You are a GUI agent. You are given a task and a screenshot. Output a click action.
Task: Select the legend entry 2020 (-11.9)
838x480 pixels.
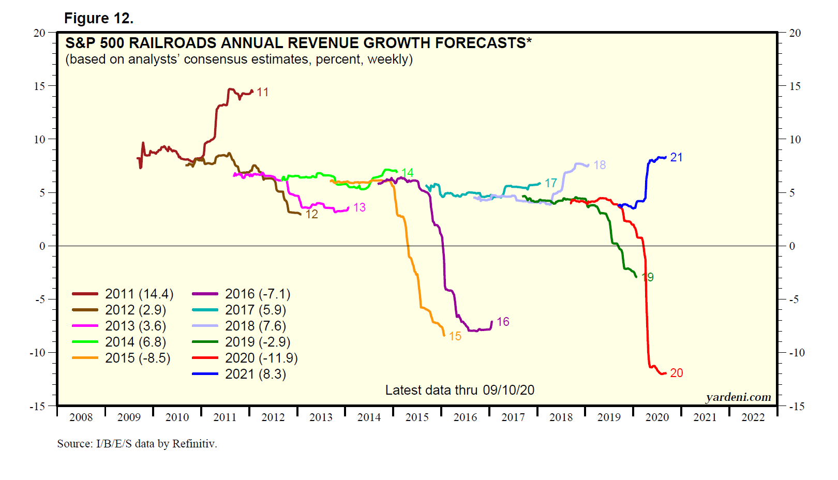pyautogui.click(x=261, y=358)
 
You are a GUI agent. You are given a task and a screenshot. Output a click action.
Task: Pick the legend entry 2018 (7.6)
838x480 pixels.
pyautogui.click(x=256, y=326)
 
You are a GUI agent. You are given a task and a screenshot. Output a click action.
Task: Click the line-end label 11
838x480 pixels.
pyautogui.click(x=263, y=92)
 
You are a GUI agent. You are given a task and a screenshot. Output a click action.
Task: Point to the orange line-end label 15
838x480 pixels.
pyautogui.click(x=455, y=336)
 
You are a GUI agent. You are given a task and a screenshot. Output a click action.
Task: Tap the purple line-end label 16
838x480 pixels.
pyautogui.click(x=503, y=322)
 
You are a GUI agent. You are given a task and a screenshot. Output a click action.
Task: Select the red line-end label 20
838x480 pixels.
pyautogui.click(x=677, y=373)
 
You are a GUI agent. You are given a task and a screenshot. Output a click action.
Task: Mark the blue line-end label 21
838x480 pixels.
pyautogui.click(x=677, y=157)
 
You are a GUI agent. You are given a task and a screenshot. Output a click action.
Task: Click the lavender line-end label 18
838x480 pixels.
pyautogui.click(x=600, y=165)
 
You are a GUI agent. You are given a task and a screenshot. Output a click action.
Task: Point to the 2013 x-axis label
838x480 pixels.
pyautogui.click(x=321, y=417)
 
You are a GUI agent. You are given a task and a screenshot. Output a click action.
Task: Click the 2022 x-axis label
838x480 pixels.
pyautogui.click(x=753, y=417)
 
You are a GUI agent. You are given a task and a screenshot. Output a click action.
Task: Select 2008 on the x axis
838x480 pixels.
pyautogui.click(x=81, y=417)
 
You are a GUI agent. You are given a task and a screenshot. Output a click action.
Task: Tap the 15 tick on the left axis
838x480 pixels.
pyautogui.click(x=40, y=86)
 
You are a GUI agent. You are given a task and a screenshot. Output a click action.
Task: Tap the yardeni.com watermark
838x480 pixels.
pyautogui.click(x=738, y=397)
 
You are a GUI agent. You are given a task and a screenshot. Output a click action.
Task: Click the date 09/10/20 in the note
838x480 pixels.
pyautogui.click(x=508, y=390)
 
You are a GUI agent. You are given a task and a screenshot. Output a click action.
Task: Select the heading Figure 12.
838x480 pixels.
pyautogui.click(x=99, y=19)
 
